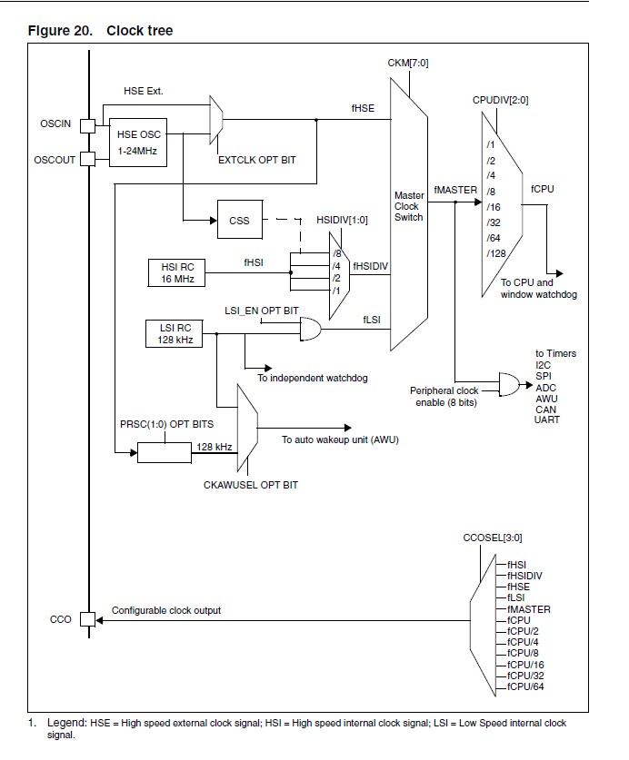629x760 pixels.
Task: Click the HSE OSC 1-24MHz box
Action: pos(138,143)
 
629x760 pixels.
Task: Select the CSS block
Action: pos(240,220)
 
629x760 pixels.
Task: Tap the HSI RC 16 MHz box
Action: pos(176,273)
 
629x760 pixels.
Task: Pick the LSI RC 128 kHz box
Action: pos(175,333)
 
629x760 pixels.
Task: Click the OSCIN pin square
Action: pos(88,126)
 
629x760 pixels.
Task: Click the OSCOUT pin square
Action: pos(88,159)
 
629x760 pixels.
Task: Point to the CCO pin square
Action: pos(88,619)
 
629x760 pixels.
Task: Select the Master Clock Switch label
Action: pos(409,206)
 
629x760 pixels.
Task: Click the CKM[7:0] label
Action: pos(408,63)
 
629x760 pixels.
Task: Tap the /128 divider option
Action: pos(496,253)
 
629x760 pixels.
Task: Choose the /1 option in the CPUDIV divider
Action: pos(491,144)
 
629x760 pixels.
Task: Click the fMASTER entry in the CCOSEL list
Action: pos(528,609)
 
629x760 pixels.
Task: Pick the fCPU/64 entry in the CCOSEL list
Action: pos(525,686)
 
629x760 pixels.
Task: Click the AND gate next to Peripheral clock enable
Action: pos(509,385)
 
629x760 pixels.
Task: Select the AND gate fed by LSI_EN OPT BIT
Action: pos(311,329)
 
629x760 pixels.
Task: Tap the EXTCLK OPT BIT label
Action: pos(256,160)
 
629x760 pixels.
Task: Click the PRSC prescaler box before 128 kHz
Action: pos(165,453)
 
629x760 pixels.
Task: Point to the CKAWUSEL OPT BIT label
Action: pos(251,485)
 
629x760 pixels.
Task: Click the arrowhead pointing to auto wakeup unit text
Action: pos(347,428)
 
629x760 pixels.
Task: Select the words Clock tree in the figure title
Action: pos(140,31)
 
